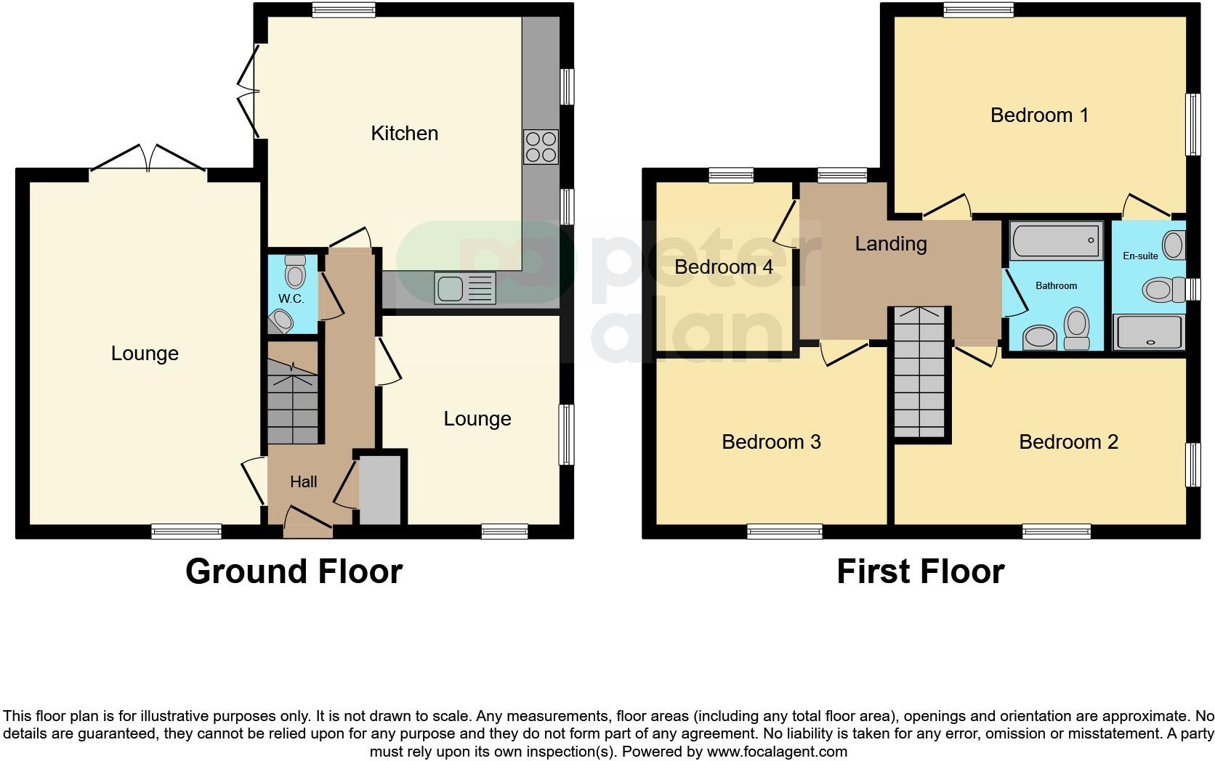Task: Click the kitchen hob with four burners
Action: click(541, 147)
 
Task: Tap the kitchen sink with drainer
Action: click(464, 288)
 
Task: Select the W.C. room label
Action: click(291, 299)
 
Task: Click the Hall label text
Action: click(304, 481)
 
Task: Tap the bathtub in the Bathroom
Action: click(1055, 240)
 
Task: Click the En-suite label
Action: click(1140, 256)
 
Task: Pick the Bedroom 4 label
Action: click(723, 266)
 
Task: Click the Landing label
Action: click(891, 244)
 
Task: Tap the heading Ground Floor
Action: click(294, 571)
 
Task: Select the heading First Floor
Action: click(920, 571)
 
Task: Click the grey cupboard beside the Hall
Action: click(381, 489)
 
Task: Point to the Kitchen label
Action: click(404, 134)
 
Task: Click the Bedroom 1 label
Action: click(1039, 115)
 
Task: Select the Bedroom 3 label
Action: click(771, 441)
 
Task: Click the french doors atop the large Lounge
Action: click(148, 159)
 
